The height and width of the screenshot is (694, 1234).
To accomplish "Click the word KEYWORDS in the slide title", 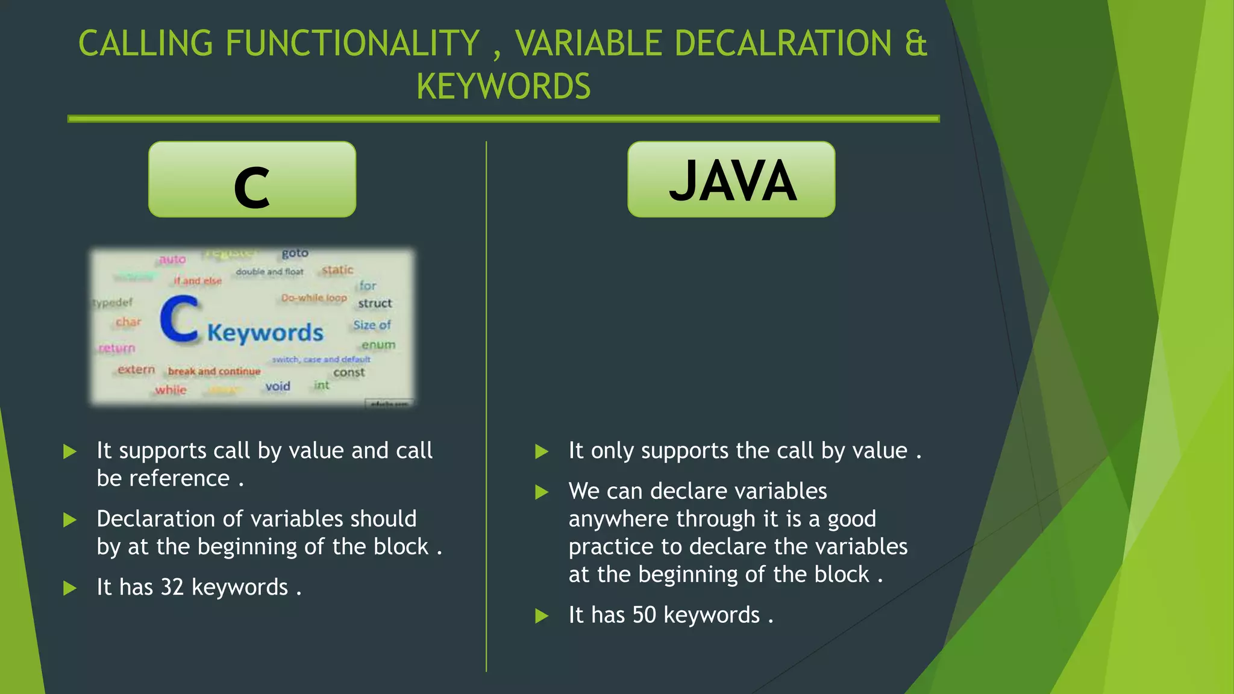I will click(503, 86).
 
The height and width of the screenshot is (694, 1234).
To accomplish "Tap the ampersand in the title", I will click(915, 44).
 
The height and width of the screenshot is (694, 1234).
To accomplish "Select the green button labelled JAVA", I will click(731, 180).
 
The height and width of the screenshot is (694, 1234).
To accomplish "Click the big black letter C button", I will click(252, 180).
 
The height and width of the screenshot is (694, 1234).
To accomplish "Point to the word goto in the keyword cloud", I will click(295, 253).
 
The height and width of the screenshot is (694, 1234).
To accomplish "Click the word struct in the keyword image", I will click(375, 304).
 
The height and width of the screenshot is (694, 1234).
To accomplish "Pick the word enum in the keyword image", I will click(378, 345).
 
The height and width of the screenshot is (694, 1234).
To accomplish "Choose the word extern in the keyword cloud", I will click(136, 369).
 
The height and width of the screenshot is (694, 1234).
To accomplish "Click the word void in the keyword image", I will click(278, 386).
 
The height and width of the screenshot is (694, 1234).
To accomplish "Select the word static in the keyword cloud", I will click(337, 270).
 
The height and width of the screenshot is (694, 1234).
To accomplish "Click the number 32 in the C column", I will click(172, 587).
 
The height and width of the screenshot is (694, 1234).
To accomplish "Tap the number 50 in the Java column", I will click(644, 615).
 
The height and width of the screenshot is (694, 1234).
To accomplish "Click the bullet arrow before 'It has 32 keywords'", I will click(70, 588).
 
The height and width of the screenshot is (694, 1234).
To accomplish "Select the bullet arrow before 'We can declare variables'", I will click(542, 492).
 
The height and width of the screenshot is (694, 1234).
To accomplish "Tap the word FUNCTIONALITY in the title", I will click(352, 44).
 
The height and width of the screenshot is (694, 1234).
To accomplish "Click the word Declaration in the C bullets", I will click(156, 519).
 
